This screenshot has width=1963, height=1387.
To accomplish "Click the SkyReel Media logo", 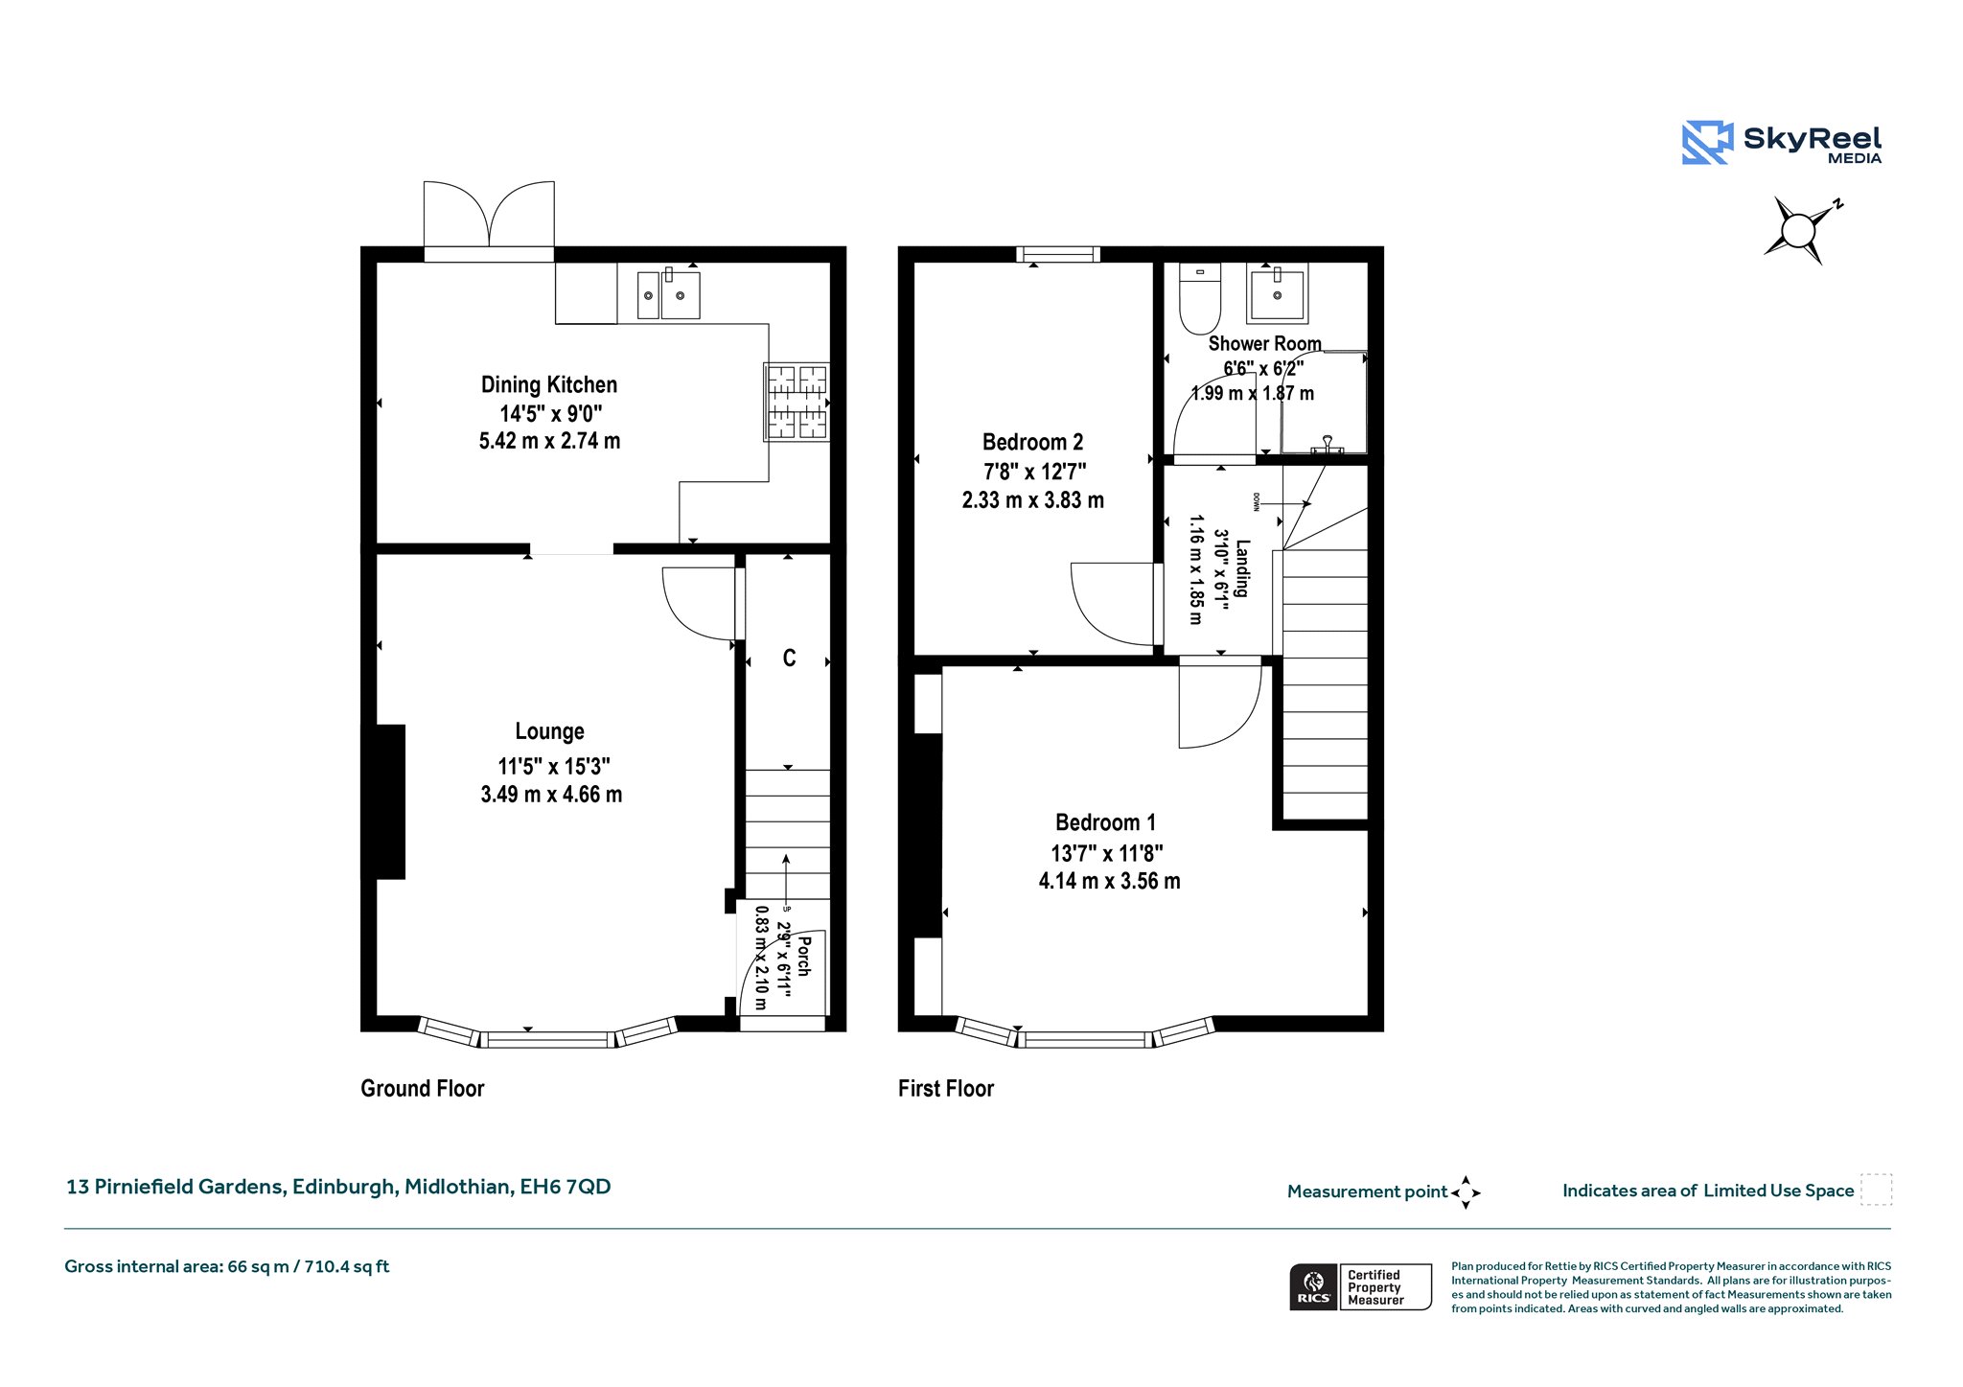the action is point(1782,142).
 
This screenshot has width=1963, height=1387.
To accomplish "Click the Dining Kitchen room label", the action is point(549,384).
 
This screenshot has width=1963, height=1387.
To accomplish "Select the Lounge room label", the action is point(549,731).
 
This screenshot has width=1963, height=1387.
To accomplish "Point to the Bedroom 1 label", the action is point(1105,822).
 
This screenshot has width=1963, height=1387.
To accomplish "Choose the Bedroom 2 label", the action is point(1032,442).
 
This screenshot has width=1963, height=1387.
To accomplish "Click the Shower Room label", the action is point(1264,343).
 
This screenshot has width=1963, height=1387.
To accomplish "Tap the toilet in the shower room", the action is point(1199,298).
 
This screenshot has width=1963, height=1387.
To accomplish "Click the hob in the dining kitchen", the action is point(797,402).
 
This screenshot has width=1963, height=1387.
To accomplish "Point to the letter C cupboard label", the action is point(789,658).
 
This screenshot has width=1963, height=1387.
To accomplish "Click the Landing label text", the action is point(1242,568).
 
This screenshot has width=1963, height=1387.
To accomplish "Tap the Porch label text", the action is point(803,956).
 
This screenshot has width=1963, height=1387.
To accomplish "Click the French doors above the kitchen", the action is point(489,220).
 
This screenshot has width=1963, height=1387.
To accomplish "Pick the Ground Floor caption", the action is point(423,1088).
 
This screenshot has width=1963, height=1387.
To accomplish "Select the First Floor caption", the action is point(946,1088).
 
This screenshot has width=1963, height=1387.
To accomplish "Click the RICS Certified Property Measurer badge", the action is point(1360,1286).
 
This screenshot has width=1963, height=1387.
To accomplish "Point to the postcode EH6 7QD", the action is point(566,1187).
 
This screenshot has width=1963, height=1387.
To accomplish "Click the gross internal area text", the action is point(227,1266).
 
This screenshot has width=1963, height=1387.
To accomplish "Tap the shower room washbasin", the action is point(1276,294).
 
